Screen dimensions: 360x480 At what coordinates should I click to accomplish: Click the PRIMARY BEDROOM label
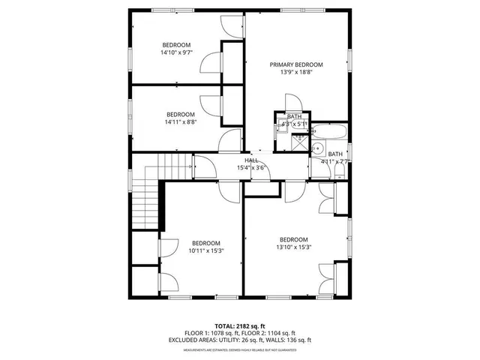[296, 65]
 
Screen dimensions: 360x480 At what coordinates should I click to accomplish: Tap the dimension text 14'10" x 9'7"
[178, 52]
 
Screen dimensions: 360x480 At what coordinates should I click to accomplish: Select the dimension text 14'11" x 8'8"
[180, 122]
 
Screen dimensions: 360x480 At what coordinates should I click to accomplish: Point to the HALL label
[252, 160]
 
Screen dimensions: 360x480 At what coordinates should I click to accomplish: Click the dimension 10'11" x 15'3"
[205, 250]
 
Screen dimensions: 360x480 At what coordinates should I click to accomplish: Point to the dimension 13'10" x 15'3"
[294, 247]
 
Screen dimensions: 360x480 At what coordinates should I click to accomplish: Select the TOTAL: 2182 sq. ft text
[239, 326]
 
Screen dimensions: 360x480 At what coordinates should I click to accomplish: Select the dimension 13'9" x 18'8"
[296, 73]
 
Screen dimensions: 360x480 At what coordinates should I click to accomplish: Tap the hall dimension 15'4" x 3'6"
[252, 168]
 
